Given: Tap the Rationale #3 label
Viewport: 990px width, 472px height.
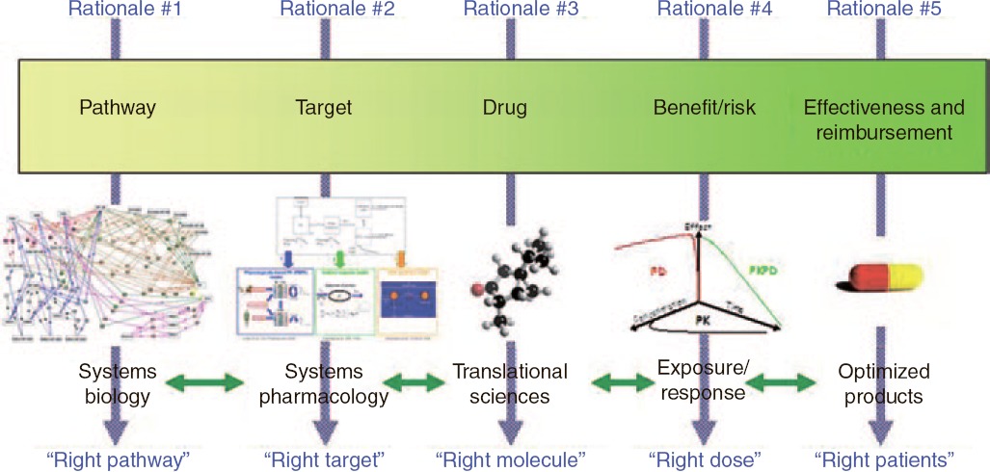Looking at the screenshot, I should [521, 10].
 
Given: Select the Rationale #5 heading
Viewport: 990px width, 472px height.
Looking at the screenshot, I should [885, 10].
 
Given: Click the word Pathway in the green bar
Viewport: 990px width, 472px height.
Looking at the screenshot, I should [117, 108].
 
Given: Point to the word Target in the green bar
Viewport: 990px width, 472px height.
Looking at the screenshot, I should [323, 108].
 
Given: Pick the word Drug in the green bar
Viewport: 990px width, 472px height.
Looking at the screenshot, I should [504, 108].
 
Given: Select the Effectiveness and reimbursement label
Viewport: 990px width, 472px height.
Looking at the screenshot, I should [878, 119].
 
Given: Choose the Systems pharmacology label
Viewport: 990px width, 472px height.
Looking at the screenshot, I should [324, 383].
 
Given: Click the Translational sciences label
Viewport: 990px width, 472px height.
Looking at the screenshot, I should [510, 383].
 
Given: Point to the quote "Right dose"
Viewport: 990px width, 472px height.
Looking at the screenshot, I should [703, 459].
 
